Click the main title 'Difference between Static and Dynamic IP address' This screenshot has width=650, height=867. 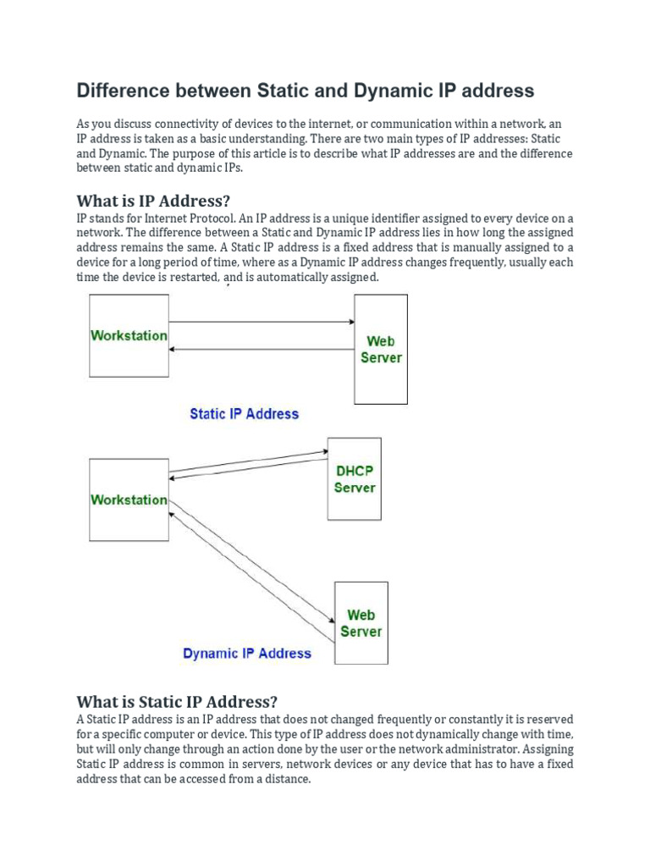tap(306, 91)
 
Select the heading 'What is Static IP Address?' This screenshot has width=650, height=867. tap(177, 701)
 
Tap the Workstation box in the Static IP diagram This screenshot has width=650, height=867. tap(129, 335)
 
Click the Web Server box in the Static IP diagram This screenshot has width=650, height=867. tap(381, 349)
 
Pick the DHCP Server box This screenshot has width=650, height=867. tap(355, 478)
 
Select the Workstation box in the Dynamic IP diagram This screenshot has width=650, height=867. tap(129, 500)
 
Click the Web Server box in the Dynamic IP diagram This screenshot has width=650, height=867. tap(361, 622)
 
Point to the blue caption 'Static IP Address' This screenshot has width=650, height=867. tap(245, 414)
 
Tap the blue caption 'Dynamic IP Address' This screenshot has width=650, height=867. tap(247, 653)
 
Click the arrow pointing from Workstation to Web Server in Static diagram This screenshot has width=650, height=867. tap(261, 322)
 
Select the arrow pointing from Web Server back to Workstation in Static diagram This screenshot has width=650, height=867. tap(261, 349)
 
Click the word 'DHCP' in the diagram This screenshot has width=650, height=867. tap(355, 471)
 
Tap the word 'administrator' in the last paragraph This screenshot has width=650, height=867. tap(480, 749)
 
